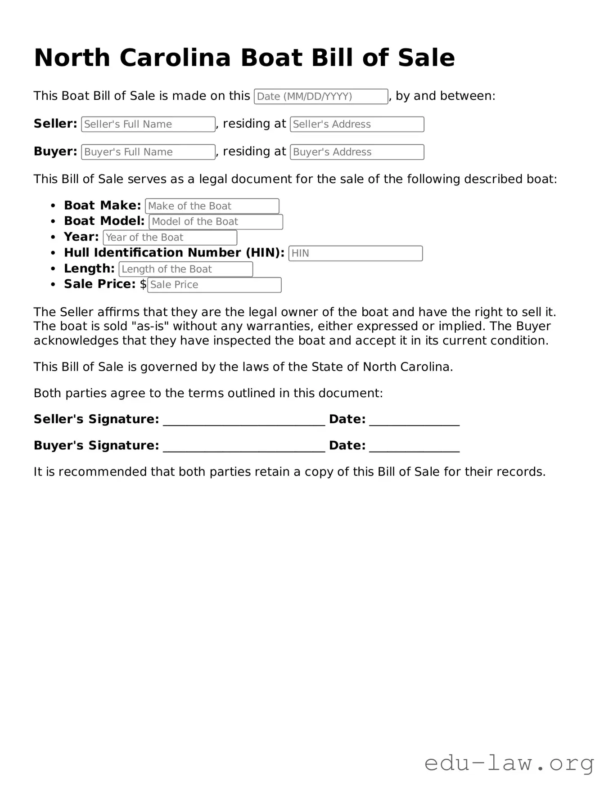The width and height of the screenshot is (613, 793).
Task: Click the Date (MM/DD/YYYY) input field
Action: pos(320,97)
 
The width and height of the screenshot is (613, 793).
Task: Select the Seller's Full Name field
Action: pos(148,125)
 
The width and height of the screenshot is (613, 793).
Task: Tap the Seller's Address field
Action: pos(357,125)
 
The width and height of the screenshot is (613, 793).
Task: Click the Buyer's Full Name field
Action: pos(148,152)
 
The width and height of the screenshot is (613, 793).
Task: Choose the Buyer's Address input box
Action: pos(357,152)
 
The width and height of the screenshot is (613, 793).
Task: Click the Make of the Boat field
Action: pos(212,206)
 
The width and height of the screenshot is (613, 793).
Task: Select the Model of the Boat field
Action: pos(216,222)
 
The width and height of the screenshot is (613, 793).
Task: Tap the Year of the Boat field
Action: pos(170,237)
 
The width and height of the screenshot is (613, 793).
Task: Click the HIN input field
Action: pos(355,253)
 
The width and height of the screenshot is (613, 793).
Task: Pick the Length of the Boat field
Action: pos(185,269)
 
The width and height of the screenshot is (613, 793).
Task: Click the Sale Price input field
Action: pos(214,285)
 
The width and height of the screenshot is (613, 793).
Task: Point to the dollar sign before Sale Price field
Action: pos(143,284)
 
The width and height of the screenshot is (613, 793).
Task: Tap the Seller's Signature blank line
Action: pos(243,420)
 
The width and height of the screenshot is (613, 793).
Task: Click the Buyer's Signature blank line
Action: pos(243,446)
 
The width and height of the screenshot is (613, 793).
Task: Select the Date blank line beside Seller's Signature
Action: pos(414,420)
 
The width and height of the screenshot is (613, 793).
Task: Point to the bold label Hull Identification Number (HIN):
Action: pos(174,253)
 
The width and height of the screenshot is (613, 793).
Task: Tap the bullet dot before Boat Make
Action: pos(53,206)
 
